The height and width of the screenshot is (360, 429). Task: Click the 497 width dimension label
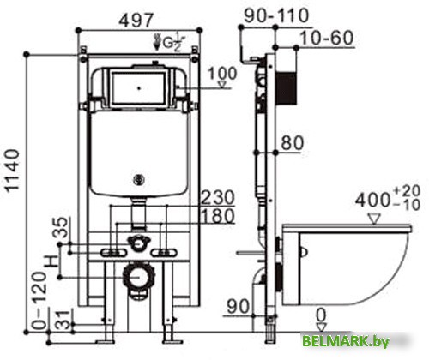(136, 20)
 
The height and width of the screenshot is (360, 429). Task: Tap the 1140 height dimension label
(13, 171)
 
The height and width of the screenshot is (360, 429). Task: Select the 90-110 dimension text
(276, 15)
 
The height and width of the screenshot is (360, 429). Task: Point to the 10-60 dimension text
(327, 38)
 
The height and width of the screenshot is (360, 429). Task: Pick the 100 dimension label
(222, 74)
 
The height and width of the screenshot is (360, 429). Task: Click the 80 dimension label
(292, 143)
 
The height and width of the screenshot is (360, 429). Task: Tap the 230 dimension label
(218, 197)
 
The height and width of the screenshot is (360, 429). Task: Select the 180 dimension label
(218, 216)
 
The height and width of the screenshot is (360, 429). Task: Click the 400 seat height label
(388, 198)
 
